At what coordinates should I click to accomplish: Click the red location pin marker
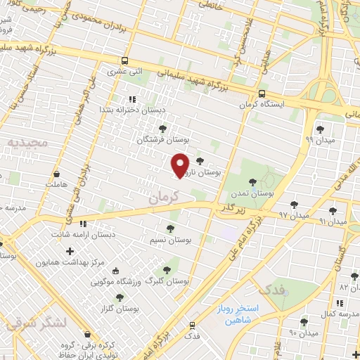pyautogui.click(x=181, y=164)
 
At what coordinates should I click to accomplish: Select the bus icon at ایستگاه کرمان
pyautogui.click(x=262, y=94)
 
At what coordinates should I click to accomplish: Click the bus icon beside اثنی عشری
pyautogui.click(x=124, y=60)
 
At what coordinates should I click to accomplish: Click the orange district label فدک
pyautogui.click(x=271, y=288)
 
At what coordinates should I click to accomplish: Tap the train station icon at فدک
pyautogui.click(x=192, y=325)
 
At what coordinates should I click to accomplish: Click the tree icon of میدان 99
pyautogui.click(x=321, y=129)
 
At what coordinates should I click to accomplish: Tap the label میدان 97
pyautogui.click(x=294, y=213)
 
